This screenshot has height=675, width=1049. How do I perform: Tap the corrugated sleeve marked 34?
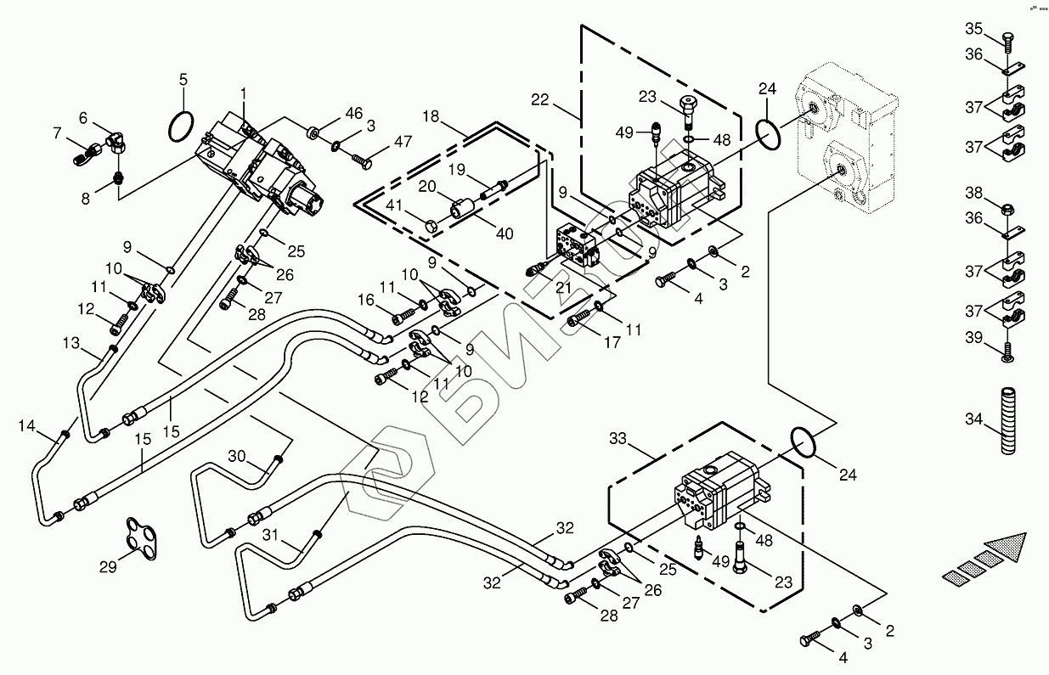tap(1009, 421)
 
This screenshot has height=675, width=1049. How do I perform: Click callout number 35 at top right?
tap(973, 30)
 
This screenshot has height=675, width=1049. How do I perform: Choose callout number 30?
tap(236, 456)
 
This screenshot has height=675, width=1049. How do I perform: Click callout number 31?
tap(271, 535)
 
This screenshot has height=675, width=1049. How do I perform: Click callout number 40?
tap(505, 233)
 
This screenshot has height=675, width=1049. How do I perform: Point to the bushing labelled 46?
tap(313, 132)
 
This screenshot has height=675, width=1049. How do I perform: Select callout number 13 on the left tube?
tap(71, 342)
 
